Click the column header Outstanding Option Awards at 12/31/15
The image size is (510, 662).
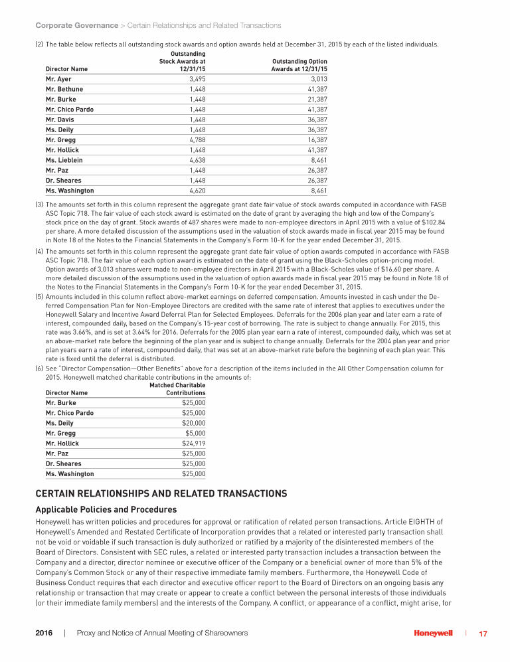[299, 65]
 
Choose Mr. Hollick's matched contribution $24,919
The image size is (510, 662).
[194, 444]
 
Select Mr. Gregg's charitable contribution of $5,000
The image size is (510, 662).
[195, 433]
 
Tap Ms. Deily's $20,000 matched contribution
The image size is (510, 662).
[194, 423]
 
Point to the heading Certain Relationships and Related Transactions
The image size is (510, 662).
[161, 494]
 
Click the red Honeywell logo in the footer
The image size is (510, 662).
[433, 633]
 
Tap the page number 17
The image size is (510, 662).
[483, 633]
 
